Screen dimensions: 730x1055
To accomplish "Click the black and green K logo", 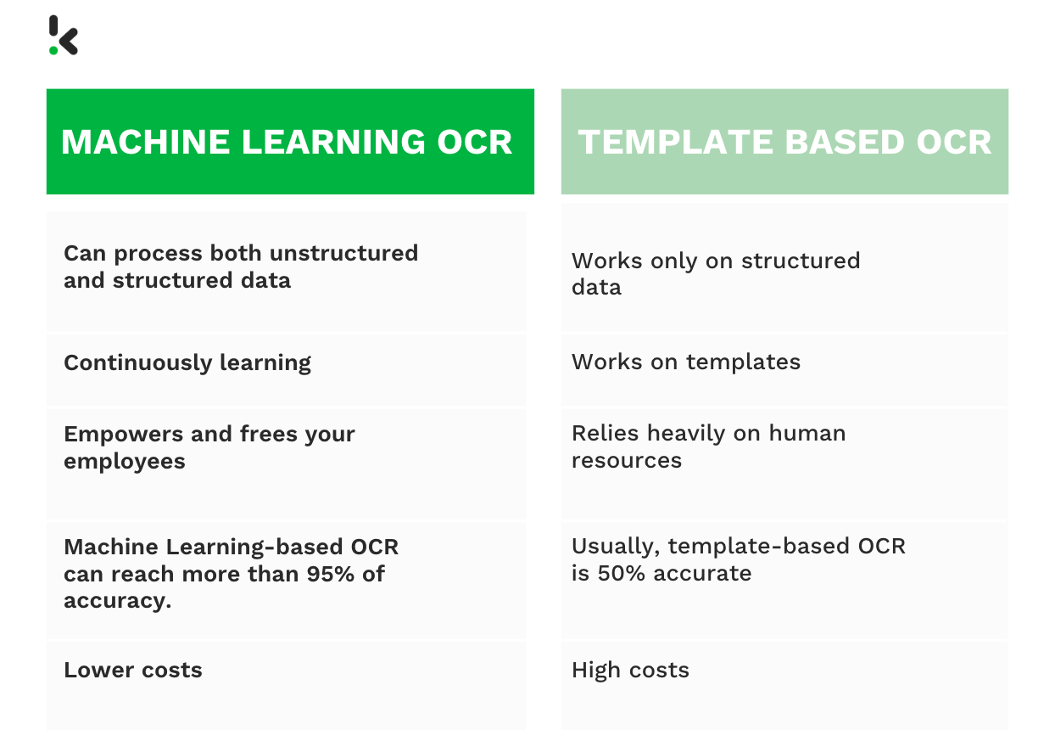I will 63,36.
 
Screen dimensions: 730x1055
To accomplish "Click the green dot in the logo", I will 53,50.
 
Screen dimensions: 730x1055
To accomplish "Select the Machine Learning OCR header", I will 290,142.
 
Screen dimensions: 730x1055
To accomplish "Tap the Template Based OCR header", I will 784,142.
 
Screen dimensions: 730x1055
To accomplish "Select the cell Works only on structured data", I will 715,273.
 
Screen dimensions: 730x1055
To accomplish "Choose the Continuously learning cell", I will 187,362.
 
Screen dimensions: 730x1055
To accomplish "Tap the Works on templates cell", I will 685,362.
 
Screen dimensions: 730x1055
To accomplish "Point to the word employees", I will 124,461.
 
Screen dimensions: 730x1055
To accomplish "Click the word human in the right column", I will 807,433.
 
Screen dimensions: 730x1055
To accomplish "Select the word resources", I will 626,460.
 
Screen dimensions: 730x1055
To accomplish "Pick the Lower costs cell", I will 133,670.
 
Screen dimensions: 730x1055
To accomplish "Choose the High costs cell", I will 630,670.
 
